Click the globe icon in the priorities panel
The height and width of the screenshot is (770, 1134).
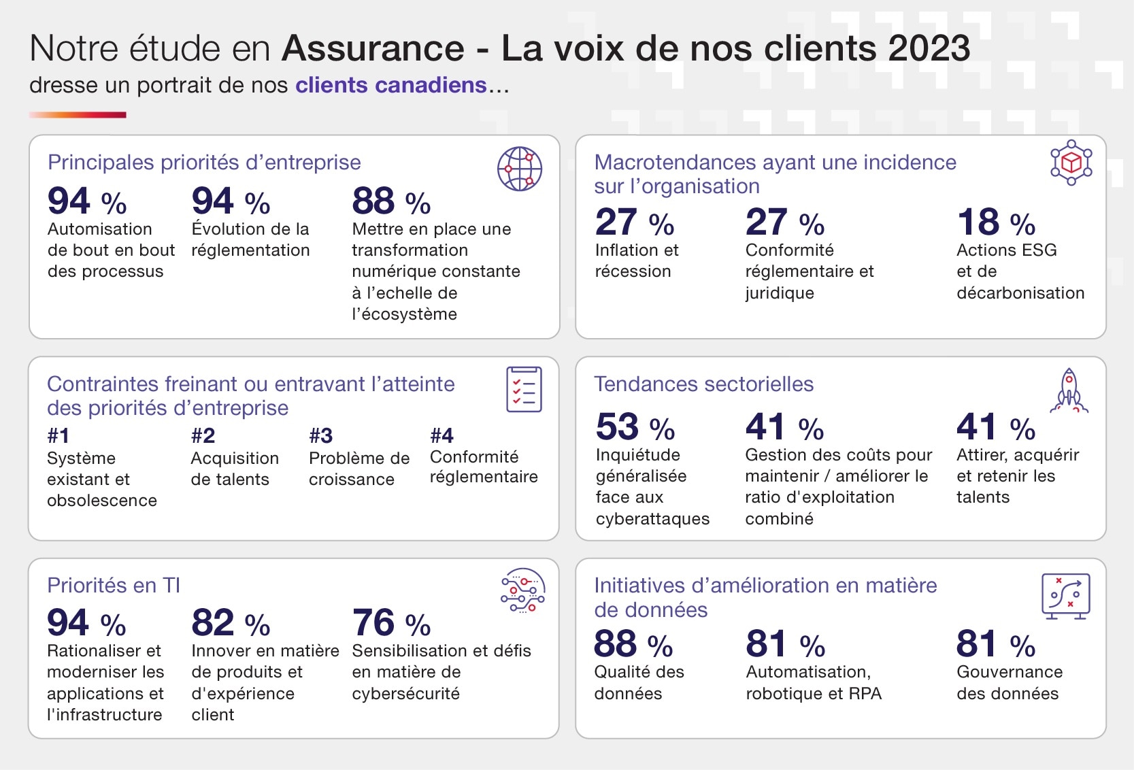(520, 169)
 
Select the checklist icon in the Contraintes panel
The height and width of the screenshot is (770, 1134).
(524, 389)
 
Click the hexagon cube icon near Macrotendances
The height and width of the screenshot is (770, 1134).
(1071, 163)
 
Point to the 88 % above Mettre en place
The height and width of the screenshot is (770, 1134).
(391, 201)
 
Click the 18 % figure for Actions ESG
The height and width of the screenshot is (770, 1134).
(996, 222)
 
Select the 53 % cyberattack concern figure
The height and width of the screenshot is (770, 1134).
(635, 427)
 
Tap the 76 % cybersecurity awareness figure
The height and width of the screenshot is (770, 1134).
(391, 623)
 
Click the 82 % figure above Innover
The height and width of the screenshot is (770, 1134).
(231, 623)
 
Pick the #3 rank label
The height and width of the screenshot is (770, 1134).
(320, 435)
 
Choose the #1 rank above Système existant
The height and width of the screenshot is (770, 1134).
(59, 435)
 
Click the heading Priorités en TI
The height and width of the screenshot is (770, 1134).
(114, 586)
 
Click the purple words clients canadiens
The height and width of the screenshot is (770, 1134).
(390, 85)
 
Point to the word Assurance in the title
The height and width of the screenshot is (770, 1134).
(373, 48)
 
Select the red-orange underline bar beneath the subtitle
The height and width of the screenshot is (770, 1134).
(78, 115)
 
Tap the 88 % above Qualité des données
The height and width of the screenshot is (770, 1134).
(633, 644)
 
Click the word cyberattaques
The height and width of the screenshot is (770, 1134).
(652, 519)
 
